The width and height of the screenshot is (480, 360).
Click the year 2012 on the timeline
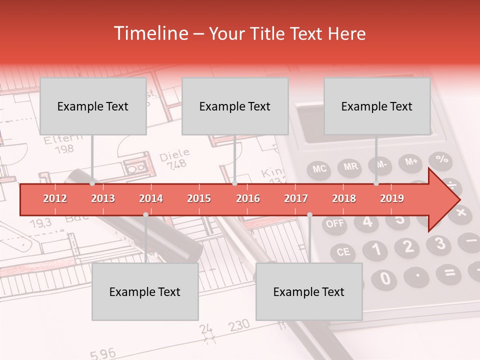pos(55,198)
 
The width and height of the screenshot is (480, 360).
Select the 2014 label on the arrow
pos(151,198)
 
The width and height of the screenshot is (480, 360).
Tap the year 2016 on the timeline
pos(248,198)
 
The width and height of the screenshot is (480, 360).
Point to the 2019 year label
pos(392,198)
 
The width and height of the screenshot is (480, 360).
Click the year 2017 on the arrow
pos(296,198)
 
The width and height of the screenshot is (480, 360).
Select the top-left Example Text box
pos(93,106)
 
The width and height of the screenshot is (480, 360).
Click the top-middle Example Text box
pos(235,106)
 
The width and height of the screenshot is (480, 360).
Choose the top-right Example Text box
pos(377,106)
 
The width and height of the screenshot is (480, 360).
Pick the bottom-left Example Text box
pos(145,292)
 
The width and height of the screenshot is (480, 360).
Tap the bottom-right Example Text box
pos(309,292)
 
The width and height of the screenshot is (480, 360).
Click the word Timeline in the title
pos(150,33)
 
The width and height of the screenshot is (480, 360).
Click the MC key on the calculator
pos(320,168)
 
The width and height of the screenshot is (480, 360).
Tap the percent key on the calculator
pos(442,159)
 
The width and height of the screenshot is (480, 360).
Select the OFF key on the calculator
pos(335,223)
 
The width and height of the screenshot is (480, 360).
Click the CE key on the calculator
pos(343,251)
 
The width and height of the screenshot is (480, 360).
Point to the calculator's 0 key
pos(384,278)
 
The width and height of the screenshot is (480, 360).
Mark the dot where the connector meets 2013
pos(92,183)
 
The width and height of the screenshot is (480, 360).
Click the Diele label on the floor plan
pos(174,155)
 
